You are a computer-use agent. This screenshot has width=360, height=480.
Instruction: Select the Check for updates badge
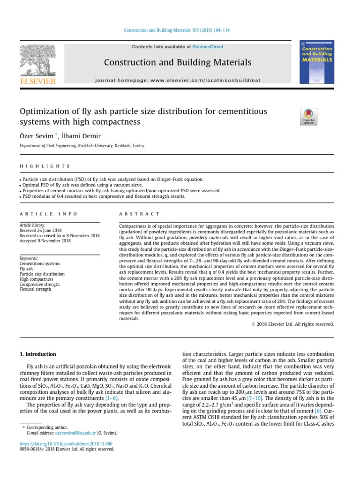pyautogui.click(x=308, y=116)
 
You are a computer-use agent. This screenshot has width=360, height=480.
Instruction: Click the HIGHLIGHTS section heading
pyautogui.click(x=45, y=166)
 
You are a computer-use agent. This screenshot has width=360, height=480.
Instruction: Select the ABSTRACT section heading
pyautogui.click(x=133, y=214)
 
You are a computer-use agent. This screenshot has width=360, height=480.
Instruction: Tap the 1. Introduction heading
pyautogui.click(x=37, y=354)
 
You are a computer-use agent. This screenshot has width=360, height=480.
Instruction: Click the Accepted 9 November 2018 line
pyautogui.click(x=45, y=241)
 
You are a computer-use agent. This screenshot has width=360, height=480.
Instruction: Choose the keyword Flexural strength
pyautogui.click(x=35, y=289)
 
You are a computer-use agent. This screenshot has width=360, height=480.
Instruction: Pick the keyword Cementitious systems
pyautogui.click(x=39, y=263)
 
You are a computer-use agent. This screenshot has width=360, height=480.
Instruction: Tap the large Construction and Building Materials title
pyautogui.click(x=177, y=62)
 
